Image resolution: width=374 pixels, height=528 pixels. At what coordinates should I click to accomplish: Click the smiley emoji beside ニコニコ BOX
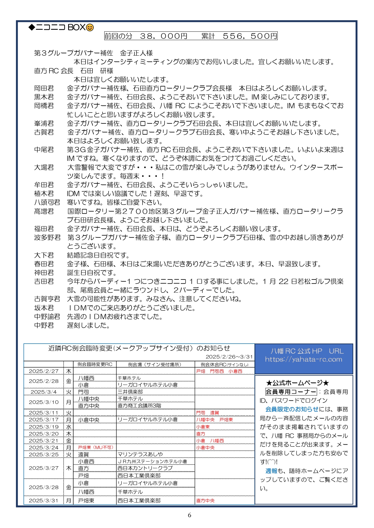(x=90, y=28)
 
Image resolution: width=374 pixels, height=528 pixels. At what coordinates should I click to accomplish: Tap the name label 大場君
(x=44, y=167)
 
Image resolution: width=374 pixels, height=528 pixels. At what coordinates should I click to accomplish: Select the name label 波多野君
(x=47, y=238)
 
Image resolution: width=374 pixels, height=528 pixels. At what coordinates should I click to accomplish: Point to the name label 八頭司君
(x=47, y=202)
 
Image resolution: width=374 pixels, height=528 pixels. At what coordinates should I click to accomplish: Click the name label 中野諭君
(x=47, y=317)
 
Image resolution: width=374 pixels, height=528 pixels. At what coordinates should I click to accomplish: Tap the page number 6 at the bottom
(x=189, y=515)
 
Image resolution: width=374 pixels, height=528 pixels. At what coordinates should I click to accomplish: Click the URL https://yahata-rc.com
(x=303, y=359)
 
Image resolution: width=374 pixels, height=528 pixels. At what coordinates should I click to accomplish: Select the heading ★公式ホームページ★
(x=297, y=383)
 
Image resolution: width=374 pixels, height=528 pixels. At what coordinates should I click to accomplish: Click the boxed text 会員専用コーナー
(x=291, y=392)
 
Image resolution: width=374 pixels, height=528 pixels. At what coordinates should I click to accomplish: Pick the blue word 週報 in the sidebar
(x=271, y=471)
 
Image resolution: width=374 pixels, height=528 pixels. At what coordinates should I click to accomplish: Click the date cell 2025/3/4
(x=44, y=392)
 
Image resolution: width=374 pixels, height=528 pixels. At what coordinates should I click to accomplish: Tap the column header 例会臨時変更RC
(x=95, y=364)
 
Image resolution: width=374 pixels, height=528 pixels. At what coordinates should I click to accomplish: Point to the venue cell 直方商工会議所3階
(x=139, y=406)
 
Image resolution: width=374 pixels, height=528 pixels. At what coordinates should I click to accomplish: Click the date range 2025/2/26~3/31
(x=229, y=357)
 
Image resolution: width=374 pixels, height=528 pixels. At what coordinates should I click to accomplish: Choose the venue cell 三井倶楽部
(x=130, y=392)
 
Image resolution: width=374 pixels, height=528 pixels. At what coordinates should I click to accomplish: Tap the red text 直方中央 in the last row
(x=205, y=501)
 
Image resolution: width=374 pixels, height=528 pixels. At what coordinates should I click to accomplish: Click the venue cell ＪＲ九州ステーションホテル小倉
(x=152, y=462)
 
